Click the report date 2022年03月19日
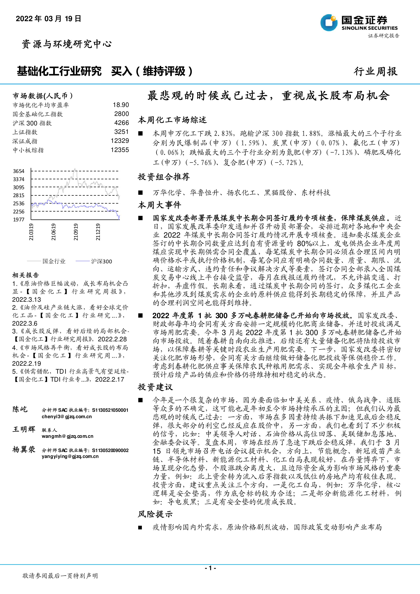(48, 19)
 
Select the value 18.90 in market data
(121, 105)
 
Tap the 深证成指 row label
(25, 141)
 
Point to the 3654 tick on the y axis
(19, 171)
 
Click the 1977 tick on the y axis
(19, 219)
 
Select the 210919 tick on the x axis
(75, 232)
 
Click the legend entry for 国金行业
(54, 261)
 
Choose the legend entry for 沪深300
(101, 261)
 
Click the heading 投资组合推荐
(164, 177)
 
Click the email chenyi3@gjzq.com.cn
(67, 416)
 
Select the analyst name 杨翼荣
(24, 449)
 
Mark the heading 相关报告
(26, 275)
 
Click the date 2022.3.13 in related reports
(27, 299)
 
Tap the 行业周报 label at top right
(375, 71)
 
